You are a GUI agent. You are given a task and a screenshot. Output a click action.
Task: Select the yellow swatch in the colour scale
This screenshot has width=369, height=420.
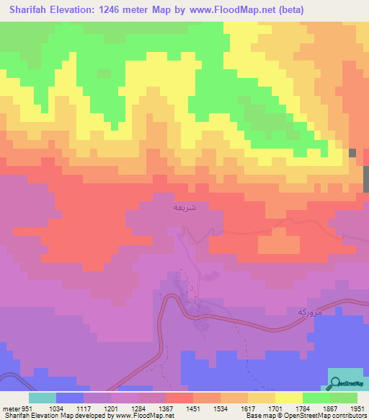[288, 398]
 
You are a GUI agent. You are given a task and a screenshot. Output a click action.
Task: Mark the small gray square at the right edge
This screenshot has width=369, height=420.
[352, 152]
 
